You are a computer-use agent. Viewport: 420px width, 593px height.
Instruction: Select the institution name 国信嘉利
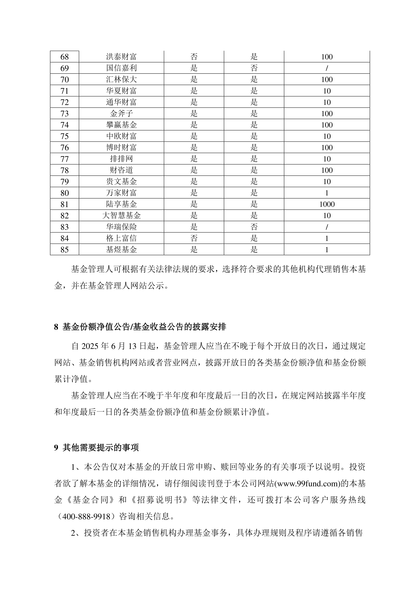[x=121, y=68]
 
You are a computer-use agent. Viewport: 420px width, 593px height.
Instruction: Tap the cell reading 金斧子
[x=121, y=113]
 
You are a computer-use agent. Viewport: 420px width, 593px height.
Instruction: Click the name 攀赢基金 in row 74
[x=121, y=125]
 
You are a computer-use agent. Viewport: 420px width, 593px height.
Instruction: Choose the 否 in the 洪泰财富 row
[x=194, y=57]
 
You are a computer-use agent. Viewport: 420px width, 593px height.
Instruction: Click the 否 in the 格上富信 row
[x=194, y=238]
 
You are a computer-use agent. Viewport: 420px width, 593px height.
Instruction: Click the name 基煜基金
[x=121, y=250]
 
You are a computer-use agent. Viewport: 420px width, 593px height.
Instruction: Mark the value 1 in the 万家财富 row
[x=327, y=193]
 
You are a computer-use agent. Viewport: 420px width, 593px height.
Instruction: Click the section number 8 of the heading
[x=56, y=327]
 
